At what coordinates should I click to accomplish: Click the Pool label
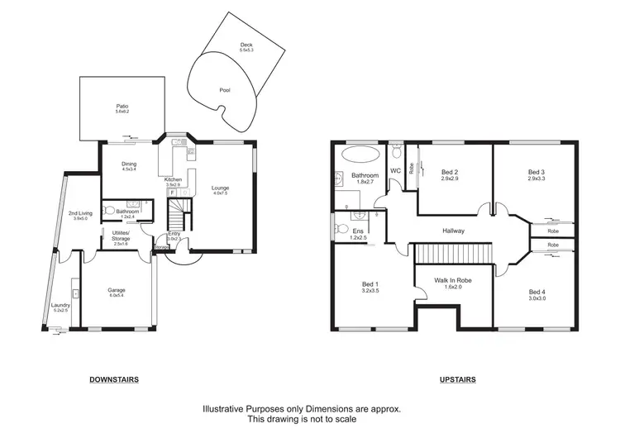225,90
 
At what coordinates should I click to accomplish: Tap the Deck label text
246,47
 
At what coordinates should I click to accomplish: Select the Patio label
122,107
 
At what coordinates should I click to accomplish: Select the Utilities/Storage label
121,237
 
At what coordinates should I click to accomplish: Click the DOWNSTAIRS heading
114,379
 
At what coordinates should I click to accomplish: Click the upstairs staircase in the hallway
452,253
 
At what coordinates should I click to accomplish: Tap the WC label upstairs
394,171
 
